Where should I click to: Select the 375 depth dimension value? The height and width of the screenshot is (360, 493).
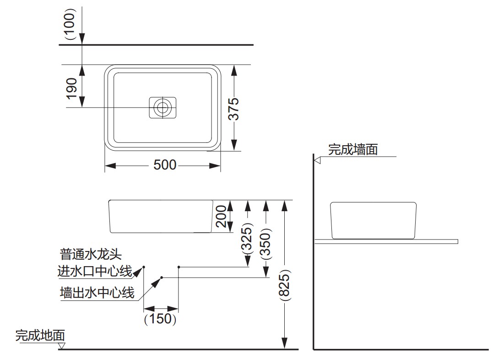click(234, 109)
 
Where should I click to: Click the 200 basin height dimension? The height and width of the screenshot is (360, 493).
click(221, 216)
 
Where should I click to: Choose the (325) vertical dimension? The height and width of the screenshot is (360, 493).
click(247, 238)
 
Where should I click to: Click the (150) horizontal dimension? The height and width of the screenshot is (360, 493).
click(160, 318)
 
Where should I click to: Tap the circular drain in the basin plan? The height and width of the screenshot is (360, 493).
click(162, 108)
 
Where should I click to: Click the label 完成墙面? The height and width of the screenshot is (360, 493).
click(352, 149)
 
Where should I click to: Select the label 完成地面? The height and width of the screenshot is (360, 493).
click(40, 335)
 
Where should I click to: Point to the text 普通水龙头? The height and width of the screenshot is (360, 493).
click(91, 254)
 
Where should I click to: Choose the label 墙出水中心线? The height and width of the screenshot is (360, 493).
click(97, 293)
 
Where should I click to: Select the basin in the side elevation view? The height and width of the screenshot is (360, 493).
click(373, 220)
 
